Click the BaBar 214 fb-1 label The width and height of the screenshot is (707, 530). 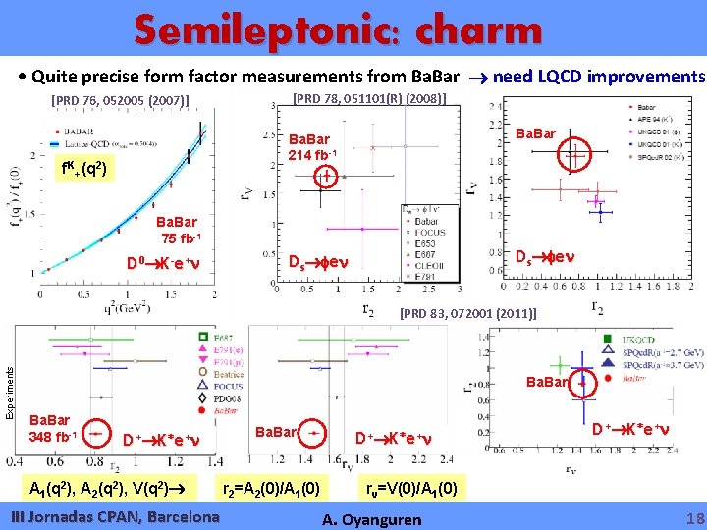pyautogui.click(x=312, y=147)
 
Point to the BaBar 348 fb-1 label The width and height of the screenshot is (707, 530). pyautogui.click(x=53, y=428)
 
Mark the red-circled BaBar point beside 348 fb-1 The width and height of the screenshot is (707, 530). pyautogui.click(x=95, y=431)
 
